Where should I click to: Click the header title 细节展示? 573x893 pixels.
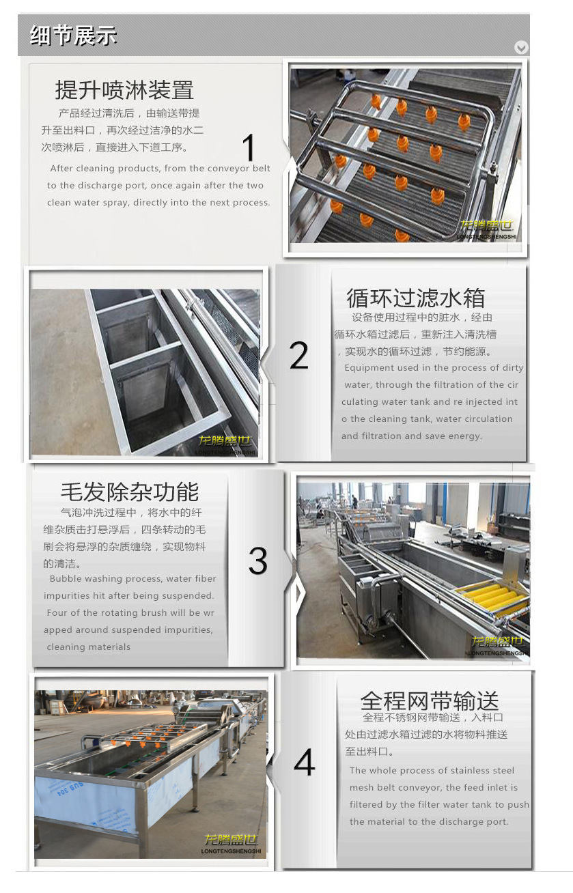tap(73, 35)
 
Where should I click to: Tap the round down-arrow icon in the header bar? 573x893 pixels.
tap(521, 47)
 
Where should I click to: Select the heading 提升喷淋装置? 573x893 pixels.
tap(124, 89)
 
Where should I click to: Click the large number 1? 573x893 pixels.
tap(249, 147)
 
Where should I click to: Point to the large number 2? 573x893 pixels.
tap(298, 355)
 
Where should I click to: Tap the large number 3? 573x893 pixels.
tap(258, 561)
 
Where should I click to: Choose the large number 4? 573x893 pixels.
tap(304, 762)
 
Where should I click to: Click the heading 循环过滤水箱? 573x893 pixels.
tap(415, 298)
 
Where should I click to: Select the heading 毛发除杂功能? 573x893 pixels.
tap(130, 492)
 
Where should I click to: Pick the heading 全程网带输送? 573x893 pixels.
tap(430, 700)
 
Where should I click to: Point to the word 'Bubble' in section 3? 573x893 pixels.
tap(66, 578)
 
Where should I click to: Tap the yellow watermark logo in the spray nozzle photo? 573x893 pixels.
tap(486, 226)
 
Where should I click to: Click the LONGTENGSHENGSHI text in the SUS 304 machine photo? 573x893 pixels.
tap(231, 851)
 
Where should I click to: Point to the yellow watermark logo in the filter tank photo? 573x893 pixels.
tap(225, 440)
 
